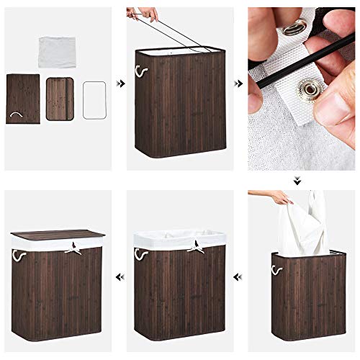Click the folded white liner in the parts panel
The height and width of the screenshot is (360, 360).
58,50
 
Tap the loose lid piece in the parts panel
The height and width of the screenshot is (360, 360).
60,98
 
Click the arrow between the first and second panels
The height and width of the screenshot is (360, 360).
121,84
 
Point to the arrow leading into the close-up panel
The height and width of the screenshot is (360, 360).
238,84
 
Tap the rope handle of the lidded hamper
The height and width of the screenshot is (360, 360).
14,254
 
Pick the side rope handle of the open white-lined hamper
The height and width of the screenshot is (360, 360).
137,254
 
